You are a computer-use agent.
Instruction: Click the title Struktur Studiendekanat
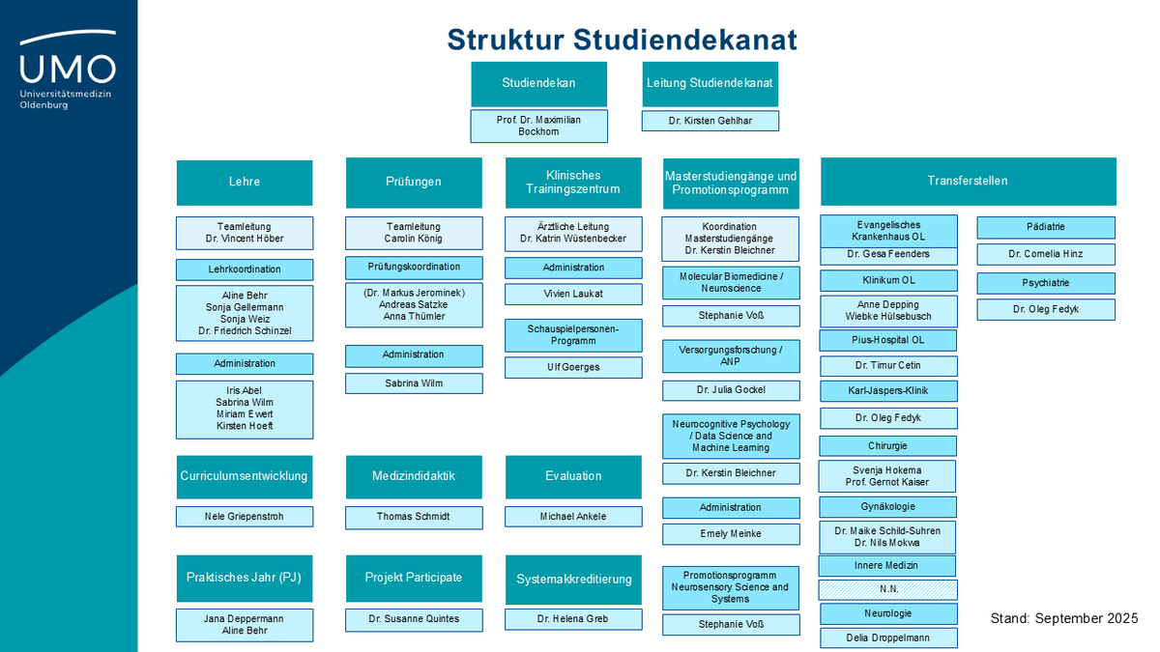pos(622,39)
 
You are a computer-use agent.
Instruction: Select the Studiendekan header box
pos(538,84)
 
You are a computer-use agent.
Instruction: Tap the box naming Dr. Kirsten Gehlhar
pos(710,121)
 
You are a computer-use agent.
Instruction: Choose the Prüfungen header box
pos(414,182)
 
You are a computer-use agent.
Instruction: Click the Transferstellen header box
pos(968,181)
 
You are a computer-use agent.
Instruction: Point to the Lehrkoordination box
pos(245,269)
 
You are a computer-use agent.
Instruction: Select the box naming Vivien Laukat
pos(573,294)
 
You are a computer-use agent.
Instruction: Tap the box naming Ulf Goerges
pos(573,367)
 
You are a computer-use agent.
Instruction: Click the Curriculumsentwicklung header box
pos(245,476)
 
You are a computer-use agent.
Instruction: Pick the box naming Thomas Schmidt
pos(414,517)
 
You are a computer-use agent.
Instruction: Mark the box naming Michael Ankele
pos(573,517)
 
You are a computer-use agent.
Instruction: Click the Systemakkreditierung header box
pos(573,580)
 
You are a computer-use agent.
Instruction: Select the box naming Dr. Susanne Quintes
pos(414,618)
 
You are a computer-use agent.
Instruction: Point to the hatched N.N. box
pos(888,589)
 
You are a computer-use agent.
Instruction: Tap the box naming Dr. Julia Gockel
pos(731,390)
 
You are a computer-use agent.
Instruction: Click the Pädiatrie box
pos(1045,228)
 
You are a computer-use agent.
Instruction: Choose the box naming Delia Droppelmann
pos(888,638)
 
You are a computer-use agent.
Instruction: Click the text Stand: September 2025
pos(1064,618)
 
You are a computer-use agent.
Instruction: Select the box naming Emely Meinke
pos(731,534)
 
